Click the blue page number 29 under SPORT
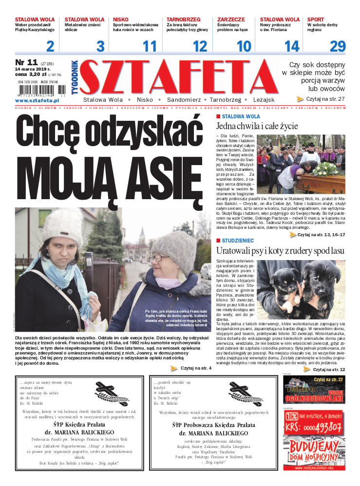[338, 47]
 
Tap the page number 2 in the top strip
[50, 47]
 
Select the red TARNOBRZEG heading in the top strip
[184, 19]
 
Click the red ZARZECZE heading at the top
[231, 19]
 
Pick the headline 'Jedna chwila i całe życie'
[257, 126]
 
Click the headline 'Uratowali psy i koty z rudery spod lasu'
[280, 250]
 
